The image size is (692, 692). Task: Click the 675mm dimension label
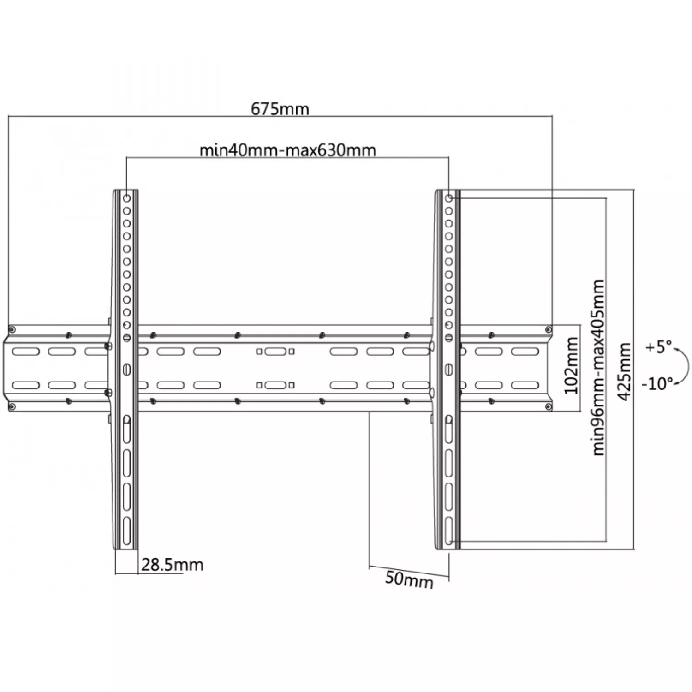click(x=280, y=109)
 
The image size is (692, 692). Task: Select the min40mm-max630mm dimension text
click(x=287, y=150)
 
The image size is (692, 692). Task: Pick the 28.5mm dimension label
click(x=172, y=565)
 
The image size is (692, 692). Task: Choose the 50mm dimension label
click(x=409, y=580)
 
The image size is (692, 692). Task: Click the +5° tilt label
click(x=659, y=347)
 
